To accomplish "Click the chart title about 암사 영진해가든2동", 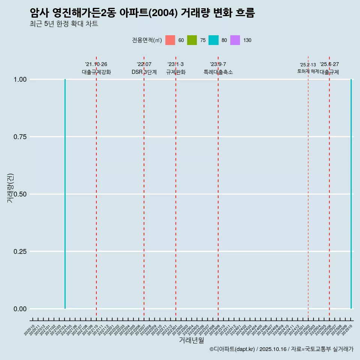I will coord(142,13).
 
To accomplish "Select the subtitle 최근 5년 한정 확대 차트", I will coord(64,24).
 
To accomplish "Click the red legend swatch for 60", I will coord(170,40).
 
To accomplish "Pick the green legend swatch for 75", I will coord(192,40).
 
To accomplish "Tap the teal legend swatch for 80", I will coord(213,40).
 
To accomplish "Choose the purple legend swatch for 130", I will coord(235,40).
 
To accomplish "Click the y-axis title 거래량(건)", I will coord(10,188).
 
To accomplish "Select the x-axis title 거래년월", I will coord(192,340).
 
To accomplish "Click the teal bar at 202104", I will coord(65,194).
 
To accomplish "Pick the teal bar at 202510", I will coord(351,194).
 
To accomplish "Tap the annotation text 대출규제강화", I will coord(96,72).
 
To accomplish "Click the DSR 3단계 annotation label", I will coord(144,72).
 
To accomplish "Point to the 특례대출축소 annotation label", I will coord(218,72).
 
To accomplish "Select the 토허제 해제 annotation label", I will coord(308,71).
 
